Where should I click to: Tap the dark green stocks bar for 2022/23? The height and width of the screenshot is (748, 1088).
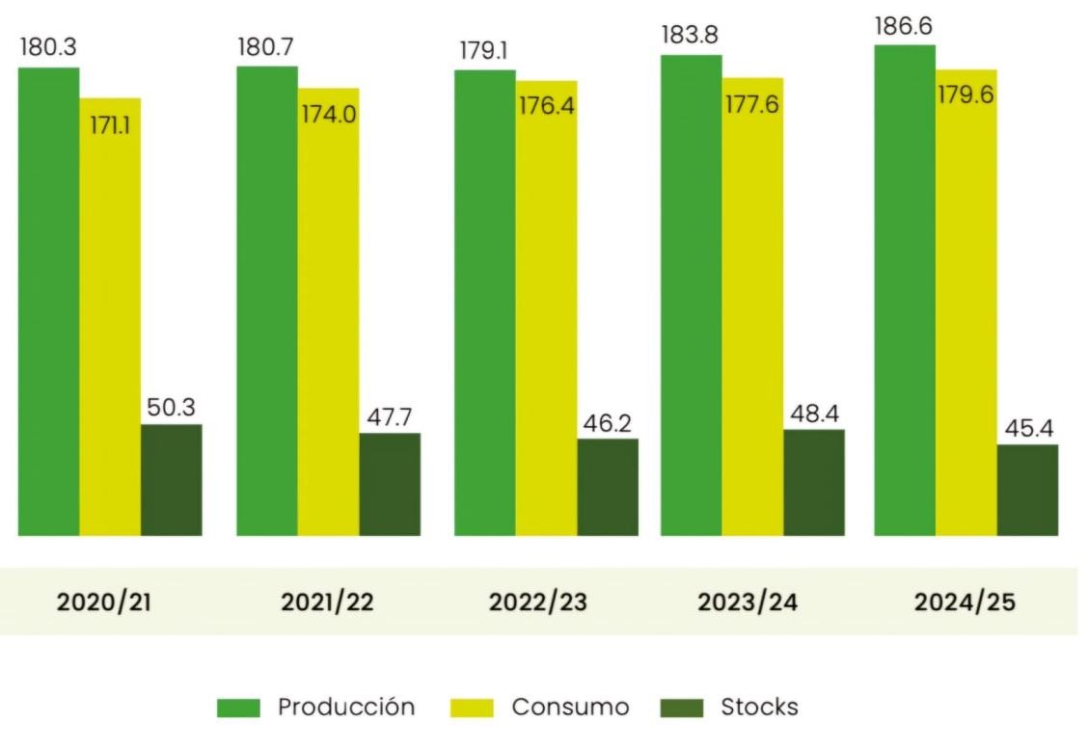608,487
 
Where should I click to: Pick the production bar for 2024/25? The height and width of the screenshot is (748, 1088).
904,289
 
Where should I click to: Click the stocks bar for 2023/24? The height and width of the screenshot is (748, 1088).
813,482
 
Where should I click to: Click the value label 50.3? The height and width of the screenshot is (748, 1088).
171,408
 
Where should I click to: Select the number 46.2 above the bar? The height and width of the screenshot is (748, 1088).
608,422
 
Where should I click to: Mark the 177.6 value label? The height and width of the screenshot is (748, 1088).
752,104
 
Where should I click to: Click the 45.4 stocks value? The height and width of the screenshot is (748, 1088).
1027,428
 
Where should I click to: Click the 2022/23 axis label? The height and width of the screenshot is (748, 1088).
537,602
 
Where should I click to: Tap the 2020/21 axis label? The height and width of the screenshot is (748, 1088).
104,602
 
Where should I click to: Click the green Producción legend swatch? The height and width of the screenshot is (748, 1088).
238,708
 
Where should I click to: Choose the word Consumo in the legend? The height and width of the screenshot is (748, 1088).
570,708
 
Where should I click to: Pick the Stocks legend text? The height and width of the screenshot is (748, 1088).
760,708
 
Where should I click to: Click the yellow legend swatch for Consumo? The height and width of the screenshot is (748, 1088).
473,708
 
